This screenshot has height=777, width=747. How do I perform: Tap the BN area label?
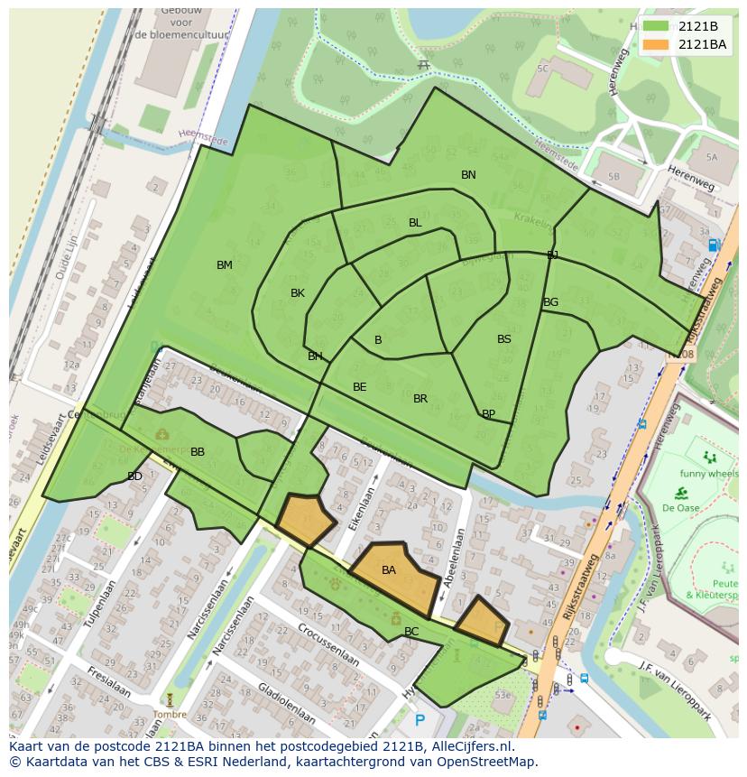[x=468, y=175]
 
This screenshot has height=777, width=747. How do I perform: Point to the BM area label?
[x=225, y=265]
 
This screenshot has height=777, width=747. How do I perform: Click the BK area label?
[x=298, y=293]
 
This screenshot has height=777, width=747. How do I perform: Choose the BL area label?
[x=415, y=223]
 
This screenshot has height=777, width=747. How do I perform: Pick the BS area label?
[x=504, y=339]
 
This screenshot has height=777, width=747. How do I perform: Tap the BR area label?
[x=420, y=399]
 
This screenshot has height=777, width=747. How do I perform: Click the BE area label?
[x=360, y=387]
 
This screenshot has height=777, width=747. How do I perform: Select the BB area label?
[x=198, y=452]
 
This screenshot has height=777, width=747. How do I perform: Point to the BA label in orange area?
[x=389, y=570]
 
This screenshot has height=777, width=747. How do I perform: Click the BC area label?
[x=411, y=632]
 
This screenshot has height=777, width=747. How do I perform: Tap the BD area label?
[x=134, y=476]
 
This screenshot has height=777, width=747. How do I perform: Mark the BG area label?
[x=551, y=302]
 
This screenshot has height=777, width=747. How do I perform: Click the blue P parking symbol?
[x=420, y=720]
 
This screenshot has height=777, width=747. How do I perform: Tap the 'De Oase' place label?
[x=682, y=508]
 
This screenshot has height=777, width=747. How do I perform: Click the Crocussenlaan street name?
[x=328, y=644]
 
